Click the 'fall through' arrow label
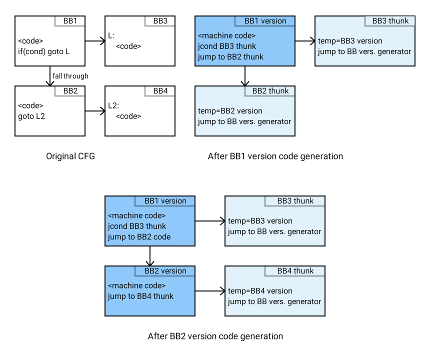[70, 76]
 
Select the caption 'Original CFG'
[70, 156]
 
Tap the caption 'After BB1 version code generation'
[275, 156]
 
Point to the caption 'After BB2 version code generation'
[215, 336]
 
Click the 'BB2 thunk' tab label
[270, 91]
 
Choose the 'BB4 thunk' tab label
[295, 271]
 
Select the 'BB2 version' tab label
[165, 271]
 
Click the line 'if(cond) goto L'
[44, 51]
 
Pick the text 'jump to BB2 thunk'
[230, 56]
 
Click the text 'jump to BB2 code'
[139, 236]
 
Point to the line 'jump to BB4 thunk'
[140, 296]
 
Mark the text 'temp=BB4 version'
[260, 291]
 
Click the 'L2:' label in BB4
[113, 106]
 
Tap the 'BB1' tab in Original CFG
[70, 21]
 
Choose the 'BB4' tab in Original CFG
[160, 91]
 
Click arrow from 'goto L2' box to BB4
[95, 111]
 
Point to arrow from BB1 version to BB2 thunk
[245, 76]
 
